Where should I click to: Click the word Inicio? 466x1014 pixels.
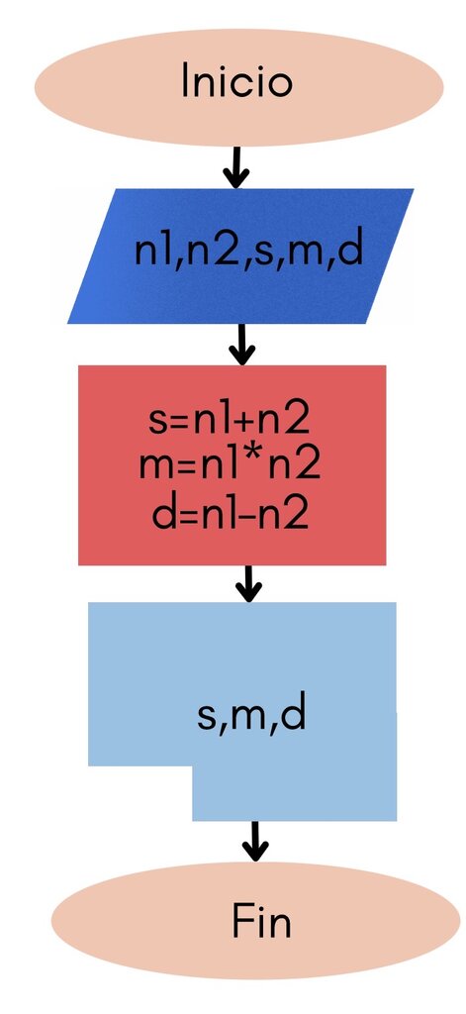[237, 81]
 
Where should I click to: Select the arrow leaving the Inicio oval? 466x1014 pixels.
[235, 167]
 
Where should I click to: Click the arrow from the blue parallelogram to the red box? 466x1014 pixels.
[241, 344]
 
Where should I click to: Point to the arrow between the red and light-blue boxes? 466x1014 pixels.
[248, 583]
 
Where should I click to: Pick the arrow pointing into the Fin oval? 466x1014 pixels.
[255, 842]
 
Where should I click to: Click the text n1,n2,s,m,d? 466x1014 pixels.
[249, 253]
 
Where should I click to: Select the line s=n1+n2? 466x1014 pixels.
[230, 420]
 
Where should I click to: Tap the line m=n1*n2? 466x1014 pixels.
[230, 465]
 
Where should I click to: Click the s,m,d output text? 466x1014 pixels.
[250, 716]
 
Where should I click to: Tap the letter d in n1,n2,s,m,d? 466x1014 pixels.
[351, 251]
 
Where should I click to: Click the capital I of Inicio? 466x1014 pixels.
[185, 81]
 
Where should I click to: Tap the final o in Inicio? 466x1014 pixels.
[280, 86]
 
